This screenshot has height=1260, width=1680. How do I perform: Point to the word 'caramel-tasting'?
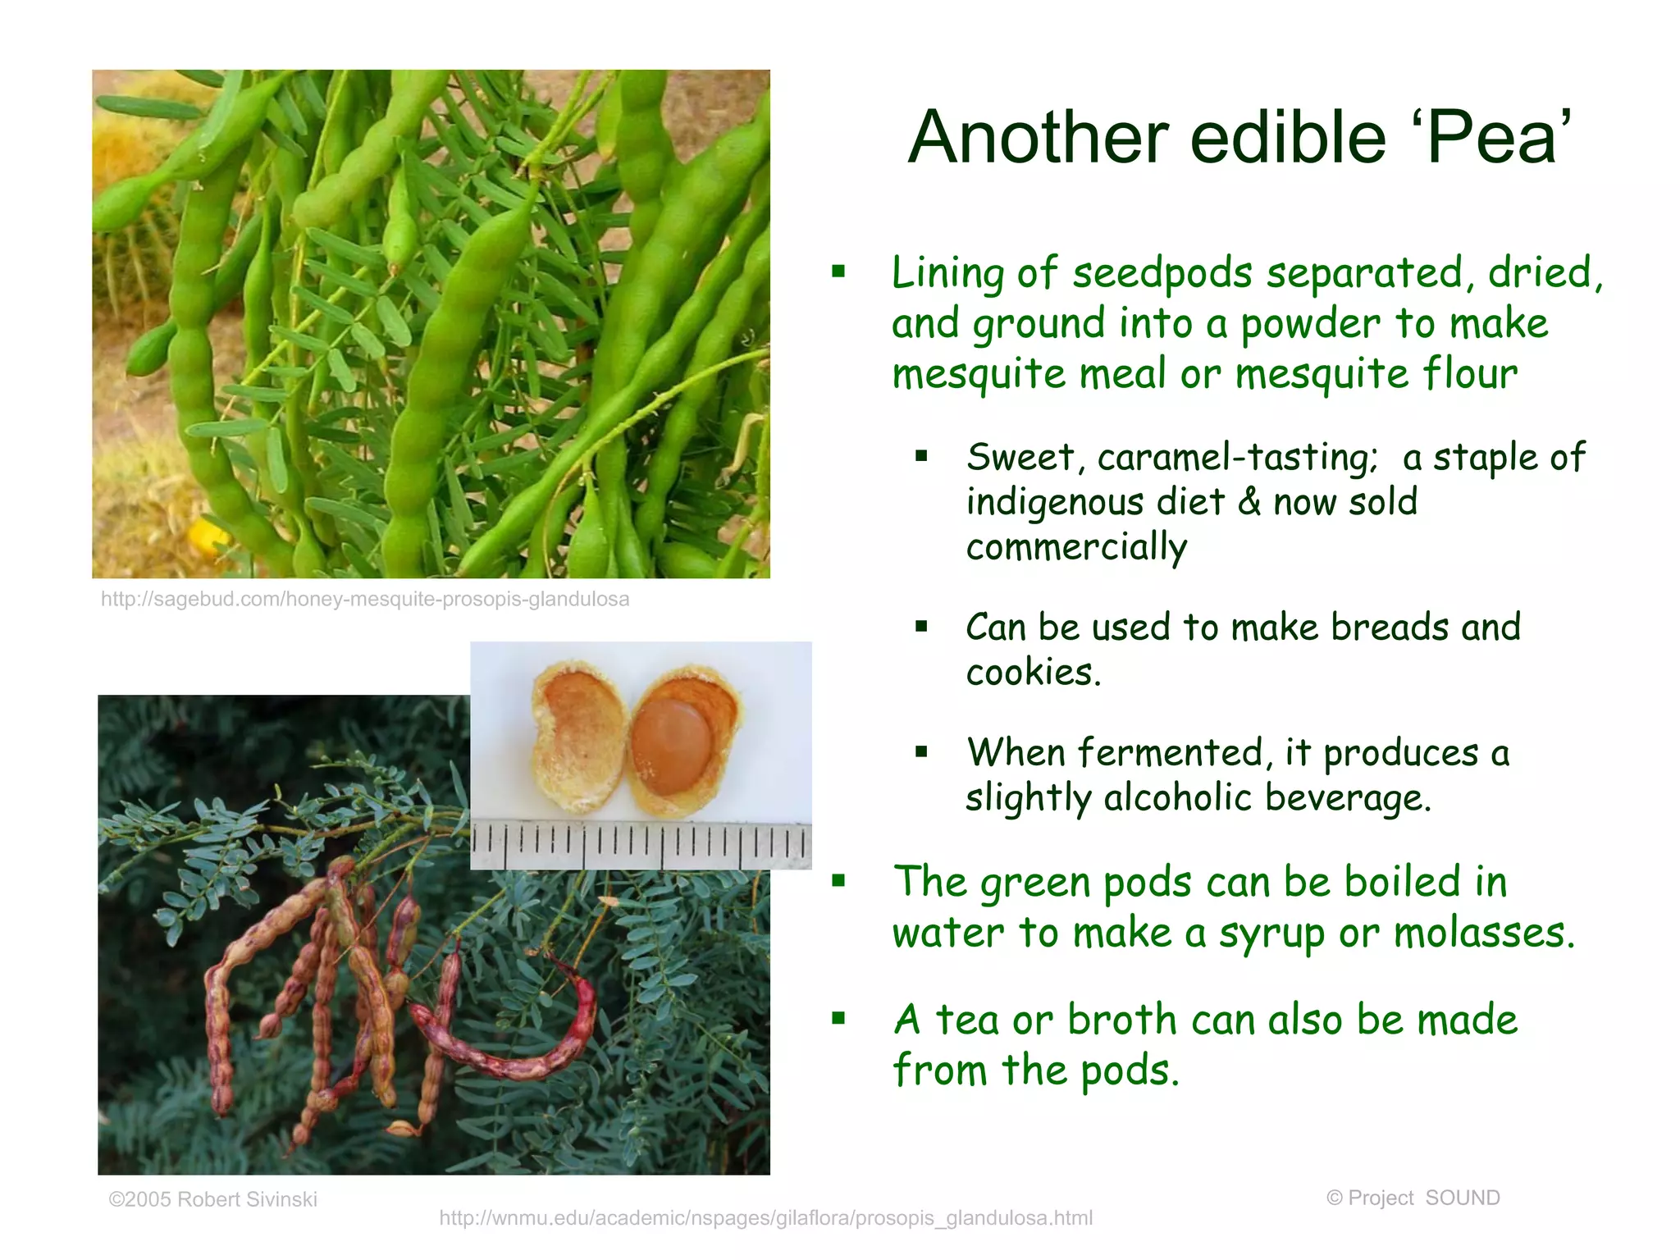1238,458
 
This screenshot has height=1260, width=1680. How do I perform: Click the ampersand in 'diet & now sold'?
1249,502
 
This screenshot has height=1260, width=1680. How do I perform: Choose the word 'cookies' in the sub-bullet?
1030,673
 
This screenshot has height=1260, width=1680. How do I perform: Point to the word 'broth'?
1121,1020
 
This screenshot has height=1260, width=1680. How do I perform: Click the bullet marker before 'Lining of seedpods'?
838,272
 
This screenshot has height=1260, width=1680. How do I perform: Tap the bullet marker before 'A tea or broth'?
838,1019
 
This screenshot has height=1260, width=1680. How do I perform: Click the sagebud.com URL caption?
365,599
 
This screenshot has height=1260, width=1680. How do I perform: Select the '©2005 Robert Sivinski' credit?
212,1199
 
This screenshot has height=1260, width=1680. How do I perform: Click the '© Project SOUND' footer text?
1413,1198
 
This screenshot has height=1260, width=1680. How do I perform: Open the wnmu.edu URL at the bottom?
765,1218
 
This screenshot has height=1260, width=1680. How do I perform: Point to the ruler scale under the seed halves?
641,845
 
